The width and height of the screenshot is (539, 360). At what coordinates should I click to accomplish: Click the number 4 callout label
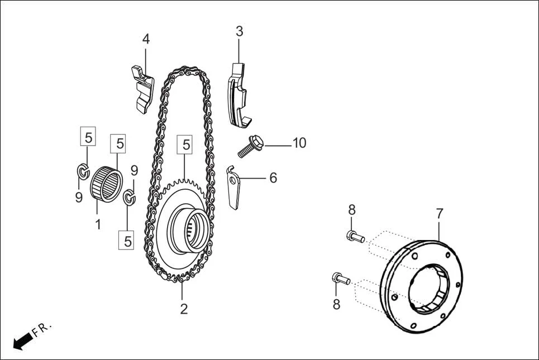point(146,39)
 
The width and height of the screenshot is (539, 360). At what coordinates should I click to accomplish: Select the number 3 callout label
point(239,31)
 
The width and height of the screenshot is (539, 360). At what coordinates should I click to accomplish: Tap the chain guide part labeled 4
point(142,88)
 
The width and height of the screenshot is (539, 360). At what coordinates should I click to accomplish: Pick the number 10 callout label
point(299,143)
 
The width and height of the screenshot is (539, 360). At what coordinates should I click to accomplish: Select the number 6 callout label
point(273,178)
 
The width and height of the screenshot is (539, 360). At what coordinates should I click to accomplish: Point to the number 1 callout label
point(98,225)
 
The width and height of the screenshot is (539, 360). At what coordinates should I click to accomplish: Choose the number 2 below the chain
point(184,309)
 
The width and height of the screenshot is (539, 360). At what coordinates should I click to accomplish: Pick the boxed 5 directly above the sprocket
point(186,145)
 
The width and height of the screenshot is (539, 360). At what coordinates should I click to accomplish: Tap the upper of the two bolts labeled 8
point(355,237)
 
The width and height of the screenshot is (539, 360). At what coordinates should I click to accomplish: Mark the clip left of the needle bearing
point(82,170)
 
